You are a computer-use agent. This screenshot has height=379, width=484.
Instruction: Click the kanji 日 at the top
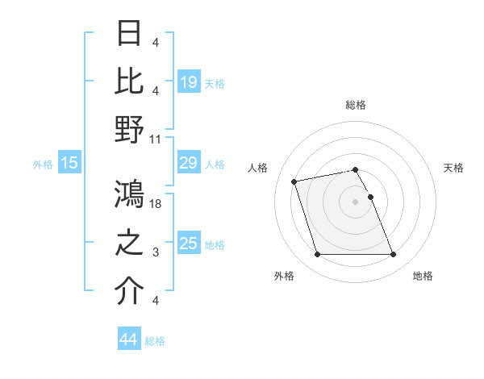130,34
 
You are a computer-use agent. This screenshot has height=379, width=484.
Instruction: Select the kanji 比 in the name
130,80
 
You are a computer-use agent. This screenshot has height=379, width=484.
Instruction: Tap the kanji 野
130,129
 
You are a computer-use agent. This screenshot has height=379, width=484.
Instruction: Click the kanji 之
130,242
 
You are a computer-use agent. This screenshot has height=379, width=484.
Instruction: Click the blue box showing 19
189,81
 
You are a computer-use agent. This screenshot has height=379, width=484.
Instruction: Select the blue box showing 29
189,164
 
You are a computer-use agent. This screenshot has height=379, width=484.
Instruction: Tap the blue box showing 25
189,244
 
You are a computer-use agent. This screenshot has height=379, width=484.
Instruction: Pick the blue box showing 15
69,164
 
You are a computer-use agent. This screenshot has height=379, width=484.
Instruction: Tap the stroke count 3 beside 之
156,252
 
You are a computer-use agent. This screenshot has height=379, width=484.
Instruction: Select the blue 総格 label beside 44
155,341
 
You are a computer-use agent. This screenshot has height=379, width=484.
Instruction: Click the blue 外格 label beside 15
43,165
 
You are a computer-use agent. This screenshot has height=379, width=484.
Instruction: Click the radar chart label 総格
355,105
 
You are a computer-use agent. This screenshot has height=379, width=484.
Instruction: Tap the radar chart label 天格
454,168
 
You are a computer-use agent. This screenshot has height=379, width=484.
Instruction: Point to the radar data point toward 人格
294,181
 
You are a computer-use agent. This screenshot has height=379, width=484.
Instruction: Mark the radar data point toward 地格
393,255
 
